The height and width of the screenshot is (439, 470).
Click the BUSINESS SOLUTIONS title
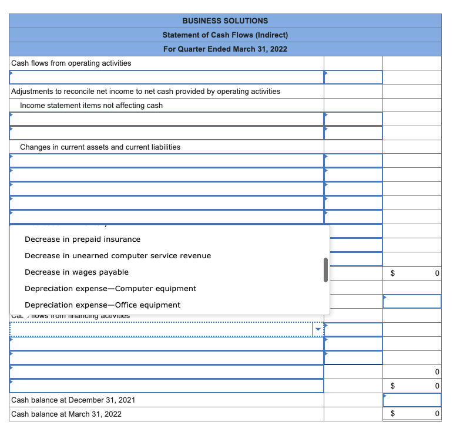[x=225, y=21]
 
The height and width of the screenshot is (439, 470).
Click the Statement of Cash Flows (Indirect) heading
[x=225, y=35]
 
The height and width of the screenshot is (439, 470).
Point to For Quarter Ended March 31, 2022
[x=225, y=49]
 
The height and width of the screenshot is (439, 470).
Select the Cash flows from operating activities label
[x=71, y=63]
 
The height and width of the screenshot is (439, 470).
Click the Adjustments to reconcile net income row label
[x=146, y=91]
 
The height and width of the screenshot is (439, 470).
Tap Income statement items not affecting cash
[x=91, y=105]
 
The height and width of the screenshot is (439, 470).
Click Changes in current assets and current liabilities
[x=100, y=147]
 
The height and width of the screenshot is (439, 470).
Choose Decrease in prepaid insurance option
[x=82, y=239]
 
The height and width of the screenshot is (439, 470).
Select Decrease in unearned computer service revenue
[x=117, y=256]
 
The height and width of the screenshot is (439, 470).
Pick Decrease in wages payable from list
[x=76, y=272]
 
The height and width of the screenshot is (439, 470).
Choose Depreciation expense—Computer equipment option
[x=110, y=289]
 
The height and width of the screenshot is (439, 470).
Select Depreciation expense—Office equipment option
[x=102, y=305]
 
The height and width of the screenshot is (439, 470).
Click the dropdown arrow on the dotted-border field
[x=318, y=329]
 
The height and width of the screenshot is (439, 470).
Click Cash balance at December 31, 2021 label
[x=73, y=400]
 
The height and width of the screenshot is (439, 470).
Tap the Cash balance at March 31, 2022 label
[x=66, y=414]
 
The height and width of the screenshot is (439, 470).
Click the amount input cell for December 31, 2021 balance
[x=412, y=400]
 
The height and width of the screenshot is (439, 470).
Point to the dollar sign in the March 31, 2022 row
[x=394, y=414]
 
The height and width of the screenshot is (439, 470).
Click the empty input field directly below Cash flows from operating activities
[x=166, y=77]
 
